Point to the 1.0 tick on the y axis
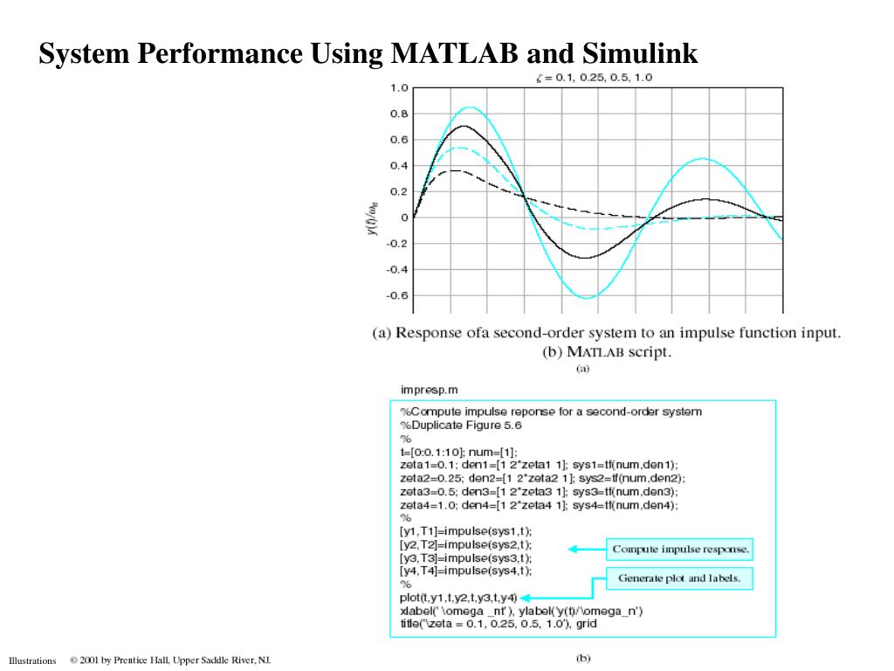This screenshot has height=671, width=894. pos(398,87)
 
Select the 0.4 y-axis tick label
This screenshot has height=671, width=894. pos(398,165)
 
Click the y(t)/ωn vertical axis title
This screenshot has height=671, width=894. pos(373,218)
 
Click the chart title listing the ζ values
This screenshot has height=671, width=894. pos(594,77)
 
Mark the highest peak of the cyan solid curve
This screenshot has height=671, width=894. pos(470,107)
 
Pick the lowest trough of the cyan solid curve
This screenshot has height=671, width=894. pos(588,298)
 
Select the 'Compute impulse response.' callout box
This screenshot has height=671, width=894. pos(680,550)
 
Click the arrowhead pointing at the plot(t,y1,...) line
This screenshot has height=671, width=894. pos(535,598)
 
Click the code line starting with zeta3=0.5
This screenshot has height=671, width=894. pos(539,492)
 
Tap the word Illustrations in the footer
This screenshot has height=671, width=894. pos(32,661)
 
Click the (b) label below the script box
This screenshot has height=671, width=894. pos(582,659)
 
